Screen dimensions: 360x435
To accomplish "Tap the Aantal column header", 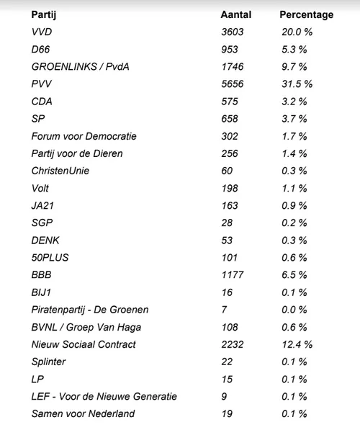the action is [235, 14].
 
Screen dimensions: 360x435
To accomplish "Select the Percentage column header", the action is [306, 14].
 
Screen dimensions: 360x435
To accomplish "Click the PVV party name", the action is [42, 84].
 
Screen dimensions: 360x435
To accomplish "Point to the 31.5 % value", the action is [297, 84].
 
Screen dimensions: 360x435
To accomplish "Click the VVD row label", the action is [42, 32].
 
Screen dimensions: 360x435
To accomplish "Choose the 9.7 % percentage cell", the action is [294, 67].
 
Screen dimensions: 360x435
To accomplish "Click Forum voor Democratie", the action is [84, 136].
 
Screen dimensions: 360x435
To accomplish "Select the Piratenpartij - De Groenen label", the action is [89, 309].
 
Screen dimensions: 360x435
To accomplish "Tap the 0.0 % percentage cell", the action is [294, 309].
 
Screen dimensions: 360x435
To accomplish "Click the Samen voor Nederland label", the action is [83, 413].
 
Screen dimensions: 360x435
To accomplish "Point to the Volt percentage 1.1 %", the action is [294, 188].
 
